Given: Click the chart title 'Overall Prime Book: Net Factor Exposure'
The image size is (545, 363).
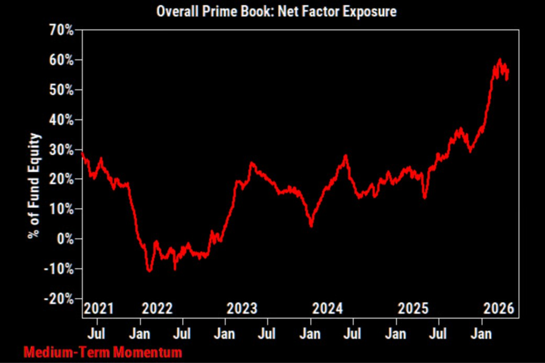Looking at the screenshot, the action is pos(276,12).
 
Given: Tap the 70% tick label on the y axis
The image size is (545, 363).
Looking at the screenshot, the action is pos(62,30).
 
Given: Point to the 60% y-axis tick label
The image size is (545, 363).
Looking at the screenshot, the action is pos(62,61).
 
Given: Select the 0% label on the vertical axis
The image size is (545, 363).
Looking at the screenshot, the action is pos(65,239).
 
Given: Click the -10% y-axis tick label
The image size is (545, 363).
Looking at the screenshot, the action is pos(59,269).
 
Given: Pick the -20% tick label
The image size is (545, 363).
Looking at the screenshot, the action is pos(59,299).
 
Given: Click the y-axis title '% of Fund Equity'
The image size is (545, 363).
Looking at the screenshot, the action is pos(35,185).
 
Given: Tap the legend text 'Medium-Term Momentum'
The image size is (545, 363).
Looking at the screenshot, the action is pos(103,352).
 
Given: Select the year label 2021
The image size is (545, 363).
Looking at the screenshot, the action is pos(98,308).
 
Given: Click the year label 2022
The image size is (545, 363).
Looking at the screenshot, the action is pos(157,308).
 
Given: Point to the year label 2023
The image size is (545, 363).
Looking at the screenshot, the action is pos(242,308).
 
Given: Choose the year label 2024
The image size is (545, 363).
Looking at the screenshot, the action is pos(327,308).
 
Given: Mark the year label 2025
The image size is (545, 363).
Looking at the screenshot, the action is pos(413,308).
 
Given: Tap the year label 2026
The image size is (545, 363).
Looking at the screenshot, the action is pos(499,308).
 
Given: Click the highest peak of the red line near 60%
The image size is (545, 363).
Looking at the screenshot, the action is pos(500,60).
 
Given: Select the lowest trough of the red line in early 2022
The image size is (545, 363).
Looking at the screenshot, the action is pos(150,271).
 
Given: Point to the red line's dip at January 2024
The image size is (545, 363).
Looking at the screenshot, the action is pos(311,225).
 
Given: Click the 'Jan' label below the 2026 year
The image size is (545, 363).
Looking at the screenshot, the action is pos(481,334).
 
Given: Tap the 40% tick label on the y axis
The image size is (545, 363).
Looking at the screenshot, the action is pos(62,120).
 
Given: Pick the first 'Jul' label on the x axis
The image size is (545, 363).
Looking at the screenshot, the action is pos(96,334).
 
